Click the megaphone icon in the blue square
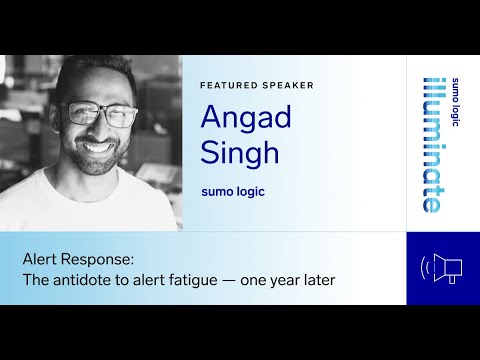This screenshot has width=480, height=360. click(443, 268)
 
